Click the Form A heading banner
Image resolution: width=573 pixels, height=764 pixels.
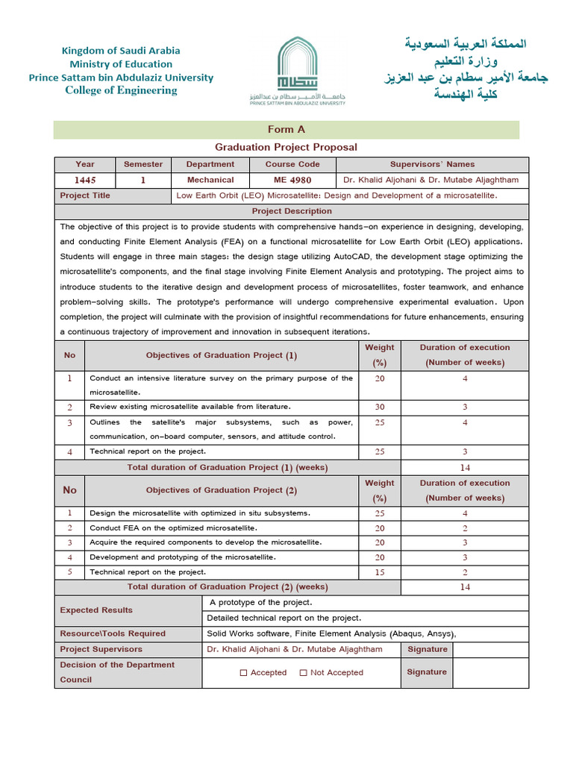point(286,130)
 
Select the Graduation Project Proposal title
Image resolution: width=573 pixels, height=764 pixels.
point(286,147)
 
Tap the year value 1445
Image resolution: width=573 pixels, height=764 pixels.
point(85,180)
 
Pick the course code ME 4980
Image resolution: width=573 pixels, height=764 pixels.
point(292,180)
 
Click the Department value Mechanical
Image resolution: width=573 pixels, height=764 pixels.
point(210,180)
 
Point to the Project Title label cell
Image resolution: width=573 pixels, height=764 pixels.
point(85,195)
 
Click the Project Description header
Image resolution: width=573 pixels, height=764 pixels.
point(291,211)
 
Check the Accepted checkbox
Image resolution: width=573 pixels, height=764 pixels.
point(243,672)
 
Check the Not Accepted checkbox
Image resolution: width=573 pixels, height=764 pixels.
point(303,672)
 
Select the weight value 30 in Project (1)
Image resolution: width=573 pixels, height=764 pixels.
point(380,407)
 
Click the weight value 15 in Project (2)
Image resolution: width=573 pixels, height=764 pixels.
point(380,572)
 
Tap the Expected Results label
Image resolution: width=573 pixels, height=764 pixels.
point(96,610)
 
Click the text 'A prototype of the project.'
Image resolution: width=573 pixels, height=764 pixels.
point(260,602)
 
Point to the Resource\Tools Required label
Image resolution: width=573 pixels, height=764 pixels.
point(113,633)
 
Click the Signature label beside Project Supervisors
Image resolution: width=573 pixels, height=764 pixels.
point(428,649)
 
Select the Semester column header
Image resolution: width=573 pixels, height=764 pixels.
point(143,164)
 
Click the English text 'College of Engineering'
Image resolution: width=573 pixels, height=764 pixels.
point(121,90)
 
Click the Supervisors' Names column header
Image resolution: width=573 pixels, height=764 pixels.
point(432,164)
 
